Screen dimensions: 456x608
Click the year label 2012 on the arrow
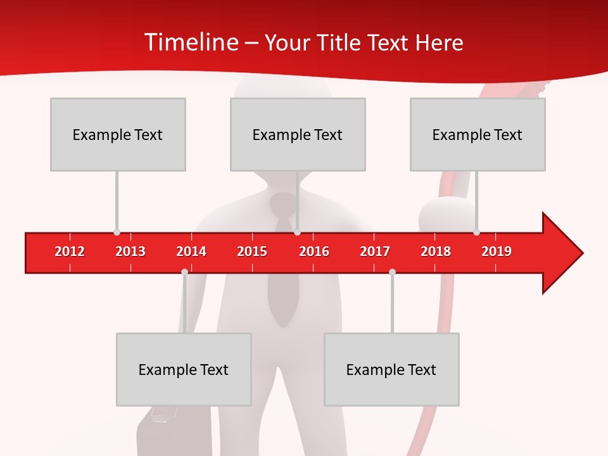click(x=70, y=251)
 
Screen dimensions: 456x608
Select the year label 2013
click(x=130, y=251)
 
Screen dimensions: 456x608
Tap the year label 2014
click(x=191, y=251)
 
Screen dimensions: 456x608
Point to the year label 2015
click(x=252, y=251)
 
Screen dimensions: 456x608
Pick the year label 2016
click(x=314, y=251)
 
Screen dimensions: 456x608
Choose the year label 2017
click(x=375, y=251)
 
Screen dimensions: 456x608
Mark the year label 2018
click(x=436, y=251)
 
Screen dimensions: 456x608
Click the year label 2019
click(x=497, y=251)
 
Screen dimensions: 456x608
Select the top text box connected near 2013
click(x=118, y=134)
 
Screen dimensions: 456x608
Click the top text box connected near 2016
click(x=298, y=134)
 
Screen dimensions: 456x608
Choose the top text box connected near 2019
click(x=478, y=134)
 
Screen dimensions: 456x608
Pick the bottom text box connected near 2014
click(x=184, y=369)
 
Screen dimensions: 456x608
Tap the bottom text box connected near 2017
click(x=391, y=369)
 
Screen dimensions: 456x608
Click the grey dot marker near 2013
click(x=117, y=232)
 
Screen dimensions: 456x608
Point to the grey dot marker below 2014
click(x=184, y=272)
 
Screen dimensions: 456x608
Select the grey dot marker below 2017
click(x=392, y=272)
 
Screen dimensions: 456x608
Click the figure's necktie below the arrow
click(x=282, y=298)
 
